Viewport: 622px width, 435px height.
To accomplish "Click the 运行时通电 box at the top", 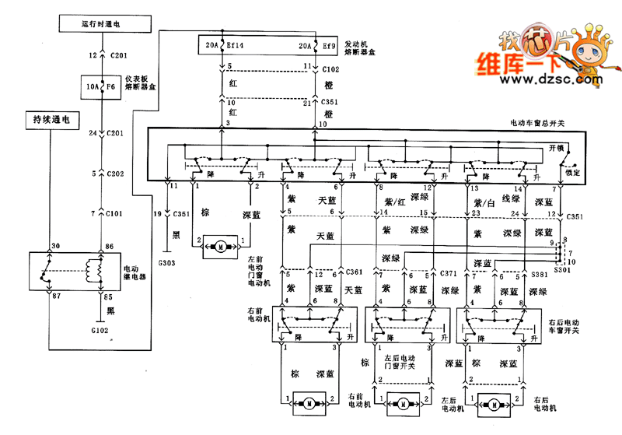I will click(x=100, y=24).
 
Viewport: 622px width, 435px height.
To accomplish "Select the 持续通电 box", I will click(x=51, y=121).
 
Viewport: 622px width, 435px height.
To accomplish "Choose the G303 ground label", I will click(x=168, y=263).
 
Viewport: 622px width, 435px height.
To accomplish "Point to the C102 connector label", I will click(x=331, y=68).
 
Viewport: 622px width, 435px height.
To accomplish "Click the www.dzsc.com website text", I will click(x=557, y=79).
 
